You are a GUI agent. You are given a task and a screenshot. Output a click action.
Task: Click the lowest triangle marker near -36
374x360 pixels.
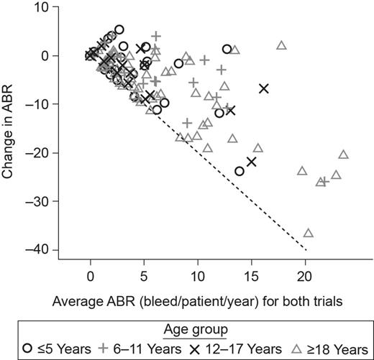point(308,233)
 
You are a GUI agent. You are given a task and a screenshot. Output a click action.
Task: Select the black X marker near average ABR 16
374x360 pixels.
point(264,88)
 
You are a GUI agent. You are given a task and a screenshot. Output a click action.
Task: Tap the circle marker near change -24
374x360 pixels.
point(240,171)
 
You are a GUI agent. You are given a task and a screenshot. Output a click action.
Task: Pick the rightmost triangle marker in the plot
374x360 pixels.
point(343,154)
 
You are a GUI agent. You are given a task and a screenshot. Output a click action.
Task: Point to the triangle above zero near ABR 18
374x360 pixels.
point(282,45)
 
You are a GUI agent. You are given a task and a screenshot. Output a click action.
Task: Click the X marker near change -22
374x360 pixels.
point(252,162)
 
